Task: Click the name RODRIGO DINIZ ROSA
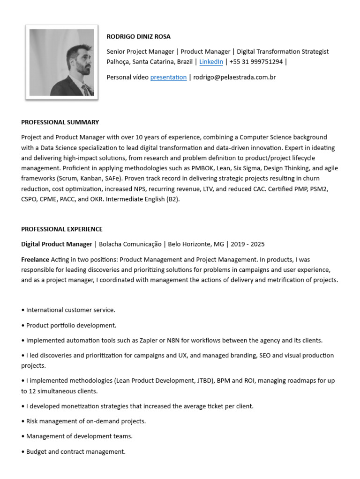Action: click(x=139, y=36)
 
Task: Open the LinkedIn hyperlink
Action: click(x=211, y=62)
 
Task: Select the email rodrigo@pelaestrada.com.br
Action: click(x=234, y=77)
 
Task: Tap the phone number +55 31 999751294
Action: click(x=256, y=62)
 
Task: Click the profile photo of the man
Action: click(x=61, y=62)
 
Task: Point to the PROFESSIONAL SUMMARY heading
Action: click(x=60, y=122)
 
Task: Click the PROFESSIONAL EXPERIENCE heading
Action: click(x=62, y=229)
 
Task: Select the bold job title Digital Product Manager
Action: click(x=57, y=244)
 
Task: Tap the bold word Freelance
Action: click(x=35, y=259)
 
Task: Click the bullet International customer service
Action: click(x=70, y=310)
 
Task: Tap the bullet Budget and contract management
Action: click(x=75, y=452)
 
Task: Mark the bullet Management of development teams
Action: click(x=79, y=436)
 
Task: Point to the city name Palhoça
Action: click(x=118, y=62)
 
